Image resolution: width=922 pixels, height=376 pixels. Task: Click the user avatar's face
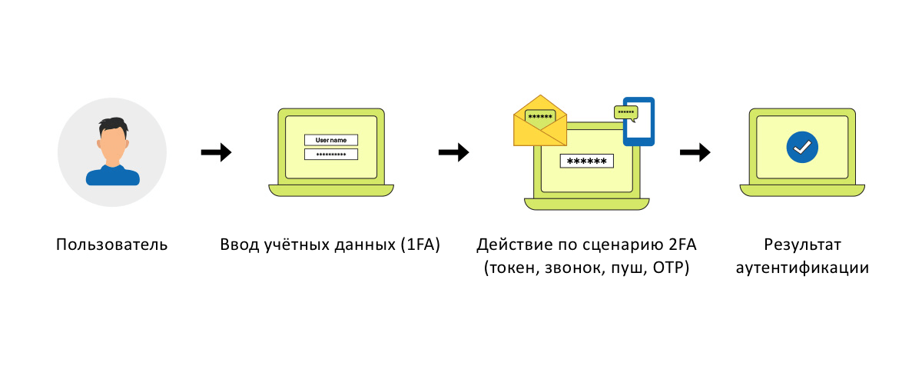[x=112, y=144]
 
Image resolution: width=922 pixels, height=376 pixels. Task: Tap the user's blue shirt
[x=112, y=176]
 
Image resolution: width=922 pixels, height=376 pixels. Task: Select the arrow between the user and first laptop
[x=216, y=152]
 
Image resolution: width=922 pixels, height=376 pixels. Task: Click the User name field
[x=331, y=140]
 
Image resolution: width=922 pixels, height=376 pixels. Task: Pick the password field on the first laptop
[x=331, y=154]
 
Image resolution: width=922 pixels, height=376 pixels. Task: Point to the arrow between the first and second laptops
[x=453, y=152]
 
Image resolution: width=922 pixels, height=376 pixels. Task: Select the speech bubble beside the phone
[x=626, y=112]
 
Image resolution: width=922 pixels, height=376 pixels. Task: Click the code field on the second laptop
[x=587, y=161]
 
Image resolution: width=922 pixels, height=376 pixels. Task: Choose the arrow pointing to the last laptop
[x=695, y=152]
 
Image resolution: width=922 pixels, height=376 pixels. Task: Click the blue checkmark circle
[x=802, y=146]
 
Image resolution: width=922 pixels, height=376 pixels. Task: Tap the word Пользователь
[x=112, y=246]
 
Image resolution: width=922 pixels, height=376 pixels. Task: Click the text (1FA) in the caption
[x=420, y=246]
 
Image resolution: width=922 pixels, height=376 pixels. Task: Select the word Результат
[x=802, y=246]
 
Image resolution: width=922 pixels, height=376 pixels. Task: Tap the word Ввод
[x=237, y=246]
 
